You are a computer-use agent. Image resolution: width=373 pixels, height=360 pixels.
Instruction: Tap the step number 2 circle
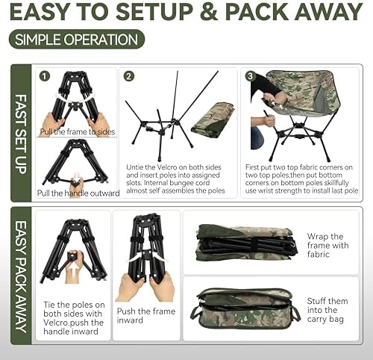coord(128,75)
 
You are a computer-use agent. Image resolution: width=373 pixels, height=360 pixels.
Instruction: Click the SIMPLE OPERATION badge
coord(77,40)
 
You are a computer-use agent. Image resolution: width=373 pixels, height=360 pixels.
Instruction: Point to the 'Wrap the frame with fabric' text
coord(328,247)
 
